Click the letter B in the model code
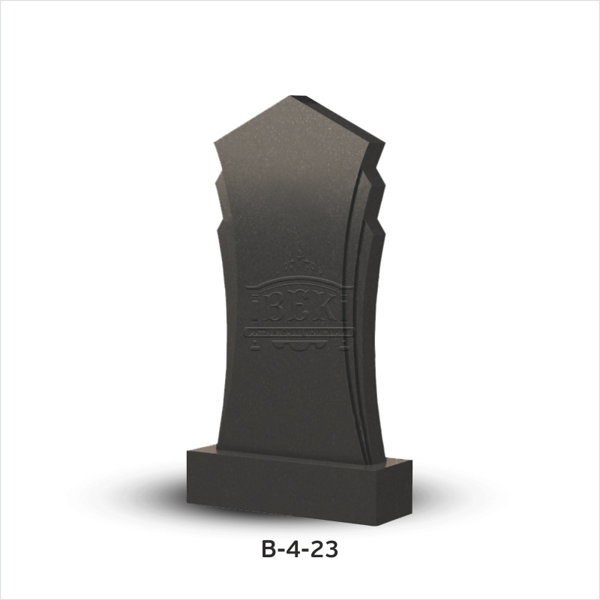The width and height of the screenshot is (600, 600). click(x=269, y=550)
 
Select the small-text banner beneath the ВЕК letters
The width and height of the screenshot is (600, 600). click(x=298, y=331)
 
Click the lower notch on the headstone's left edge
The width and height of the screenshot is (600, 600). click(x=217, y=225)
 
